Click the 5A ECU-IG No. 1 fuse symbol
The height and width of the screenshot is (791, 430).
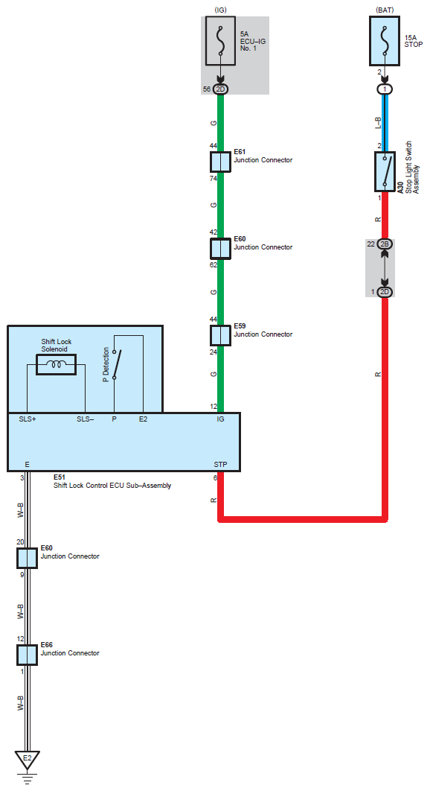(220, 41)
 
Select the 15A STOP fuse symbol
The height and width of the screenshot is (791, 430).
(385, 41)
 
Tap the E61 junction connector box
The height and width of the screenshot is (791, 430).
(220, 162)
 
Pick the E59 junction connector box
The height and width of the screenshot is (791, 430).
(220, 335)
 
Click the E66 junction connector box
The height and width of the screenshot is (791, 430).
(28, 655)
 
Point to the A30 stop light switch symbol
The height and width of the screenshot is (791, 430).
(385, 171)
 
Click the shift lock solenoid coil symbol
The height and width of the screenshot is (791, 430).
(56, 364)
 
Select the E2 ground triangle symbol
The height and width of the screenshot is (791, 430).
(28, 759)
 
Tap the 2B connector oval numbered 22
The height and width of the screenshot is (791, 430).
(385, 244)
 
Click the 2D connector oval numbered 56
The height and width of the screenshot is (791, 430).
(220, 89)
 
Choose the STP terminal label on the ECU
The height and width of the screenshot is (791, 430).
(220, 464)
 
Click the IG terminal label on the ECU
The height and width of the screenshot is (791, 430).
(220, 419)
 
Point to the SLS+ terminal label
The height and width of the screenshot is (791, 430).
(28, 419)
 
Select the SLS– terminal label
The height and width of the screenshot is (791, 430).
(86, 419)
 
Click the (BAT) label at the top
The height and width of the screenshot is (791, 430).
(385, 10)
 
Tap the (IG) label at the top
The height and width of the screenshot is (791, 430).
(220, 10)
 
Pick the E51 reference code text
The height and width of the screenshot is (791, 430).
(60, 477)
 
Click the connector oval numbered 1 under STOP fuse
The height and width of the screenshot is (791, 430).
(385, 89)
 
